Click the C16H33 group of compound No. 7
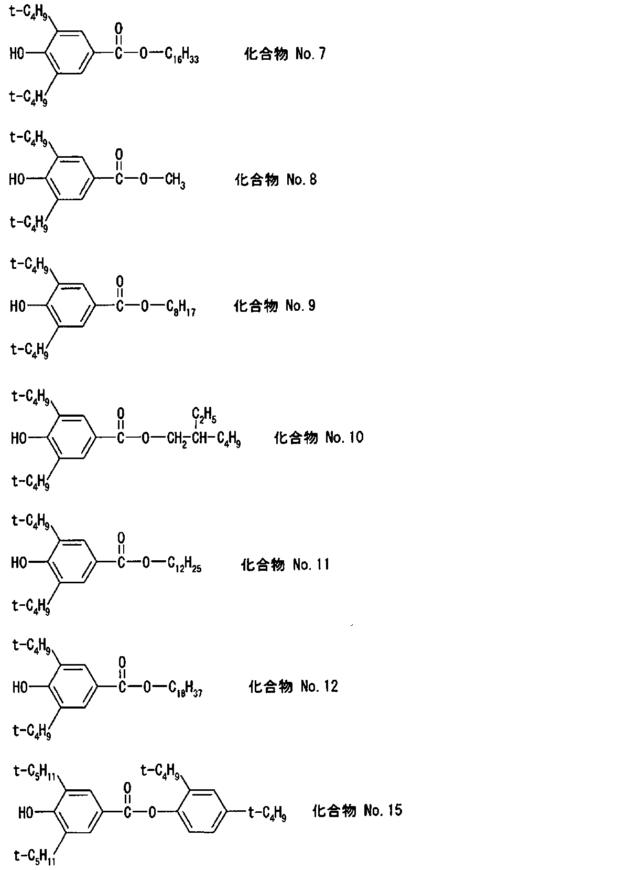point(182,55)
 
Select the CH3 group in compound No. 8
point(175,181)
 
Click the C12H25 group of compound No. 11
point(185,564)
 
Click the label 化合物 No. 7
point(285,53)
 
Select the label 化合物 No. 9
point(274,306)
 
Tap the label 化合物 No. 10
point(319,438)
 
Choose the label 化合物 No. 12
point(294,686)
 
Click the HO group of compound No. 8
point(17,179)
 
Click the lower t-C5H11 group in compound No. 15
point(35,856)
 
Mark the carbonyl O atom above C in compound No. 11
point(121,538)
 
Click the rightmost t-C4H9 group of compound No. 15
point(268,812)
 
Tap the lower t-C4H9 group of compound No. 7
point(28,97)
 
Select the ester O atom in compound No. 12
point(147,687)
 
